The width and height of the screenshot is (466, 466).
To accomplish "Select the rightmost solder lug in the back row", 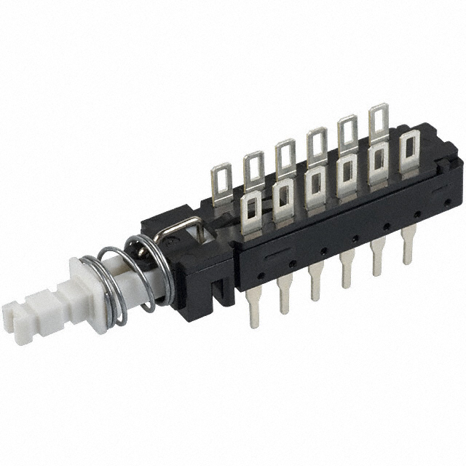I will click(379, 121).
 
